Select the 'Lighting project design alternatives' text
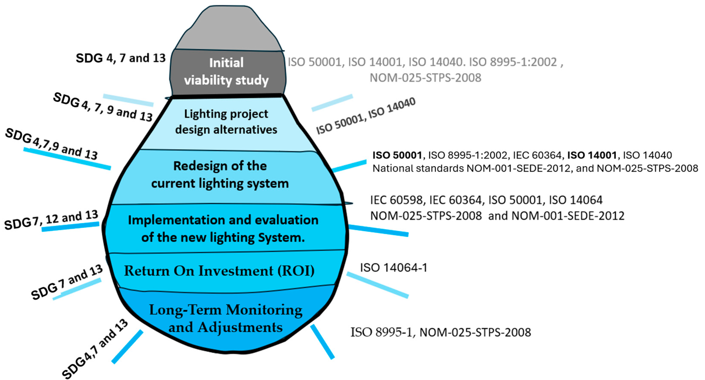[x=226, y=122]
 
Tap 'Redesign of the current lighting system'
[x=220, y=175]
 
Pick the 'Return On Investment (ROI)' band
[x=219, y=271]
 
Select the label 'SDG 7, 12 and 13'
[x=51, y=220]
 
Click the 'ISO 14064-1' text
[x=393, y=268]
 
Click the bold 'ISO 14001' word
[x=592, y=155]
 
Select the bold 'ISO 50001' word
[x=397, y=155]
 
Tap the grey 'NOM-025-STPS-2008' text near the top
[x=425, y=78]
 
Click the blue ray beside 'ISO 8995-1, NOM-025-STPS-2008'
[x=322, y=342]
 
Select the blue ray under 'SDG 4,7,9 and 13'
[x=67, y=159]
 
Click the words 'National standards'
[x=418, y=168]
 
